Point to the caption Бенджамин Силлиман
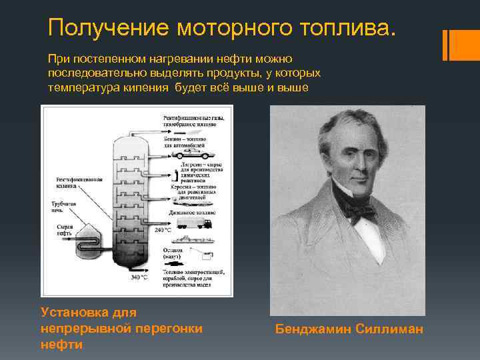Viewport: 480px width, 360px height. tap(349, 329)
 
